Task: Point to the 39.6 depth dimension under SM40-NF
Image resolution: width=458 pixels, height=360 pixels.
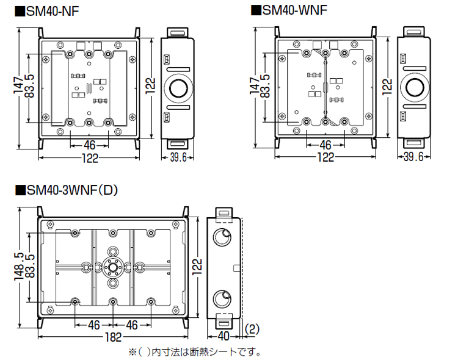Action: click(177, 157)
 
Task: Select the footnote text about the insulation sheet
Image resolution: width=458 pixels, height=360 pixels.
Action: click(195, 352)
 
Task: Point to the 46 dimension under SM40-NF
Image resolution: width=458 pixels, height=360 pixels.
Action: click(89, 144)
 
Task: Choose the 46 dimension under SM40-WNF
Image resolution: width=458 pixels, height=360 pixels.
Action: click(325, 144)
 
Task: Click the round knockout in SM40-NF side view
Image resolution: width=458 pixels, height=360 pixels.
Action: click(177, 88)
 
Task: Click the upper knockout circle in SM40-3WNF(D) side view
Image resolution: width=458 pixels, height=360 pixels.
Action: click(223, 235)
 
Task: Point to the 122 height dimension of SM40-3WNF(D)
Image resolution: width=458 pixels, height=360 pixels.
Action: click(196, 267)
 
